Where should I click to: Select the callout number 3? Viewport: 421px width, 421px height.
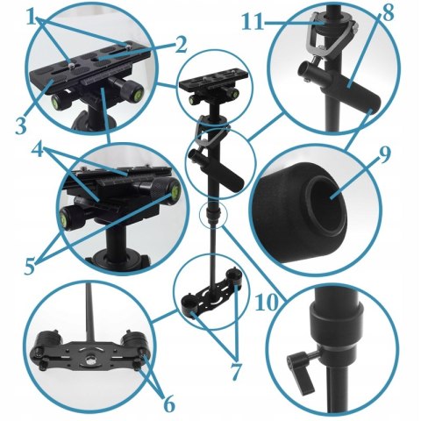coord(21,125)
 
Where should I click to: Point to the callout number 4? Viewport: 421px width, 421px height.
coord(39,149)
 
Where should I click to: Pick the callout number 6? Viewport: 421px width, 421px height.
coord(168,404)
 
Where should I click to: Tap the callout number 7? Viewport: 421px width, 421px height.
coord(236,371)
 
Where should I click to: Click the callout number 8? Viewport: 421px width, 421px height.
coord(388,13)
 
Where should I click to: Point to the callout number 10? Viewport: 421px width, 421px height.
coord(267,303)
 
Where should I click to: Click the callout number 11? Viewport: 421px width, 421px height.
coord(253,23)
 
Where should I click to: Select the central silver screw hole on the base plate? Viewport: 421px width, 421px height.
coord(89,360)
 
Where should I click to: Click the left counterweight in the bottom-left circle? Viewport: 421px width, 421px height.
coord(49,339)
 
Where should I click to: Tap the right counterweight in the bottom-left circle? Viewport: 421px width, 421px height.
coord(134,339)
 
